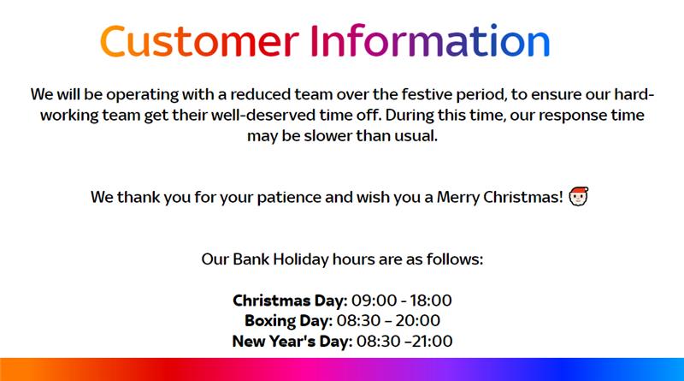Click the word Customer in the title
(199, 41)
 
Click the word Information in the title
(430, 41)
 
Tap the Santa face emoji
(579, 196)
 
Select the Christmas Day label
(290, 301)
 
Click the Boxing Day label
(288, 321)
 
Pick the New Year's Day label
(292, 341)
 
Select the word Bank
(251, 259)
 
